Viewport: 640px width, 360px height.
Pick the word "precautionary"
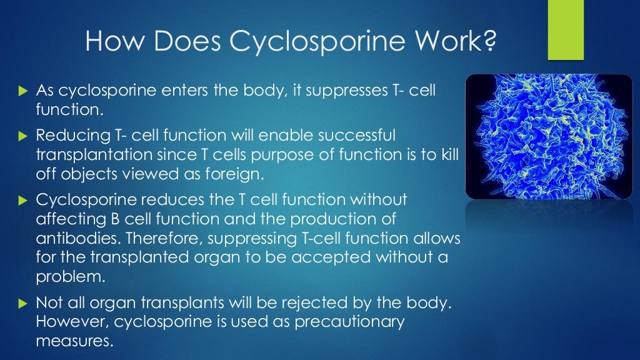pyautogui.click(x=342, y=322)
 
